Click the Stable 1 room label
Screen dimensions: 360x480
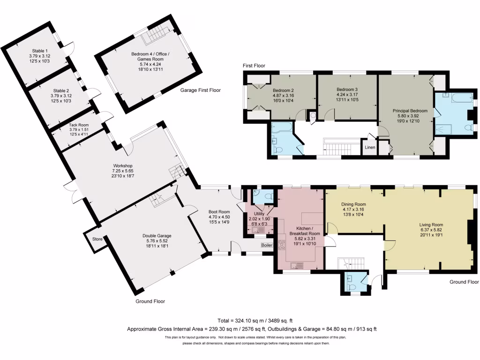point(39,56)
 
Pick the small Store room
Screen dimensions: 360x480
point(97,239)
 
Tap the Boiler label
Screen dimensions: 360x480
point(267,245)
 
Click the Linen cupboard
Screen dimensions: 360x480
point(370,147)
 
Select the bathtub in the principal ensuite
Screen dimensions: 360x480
point(452,97)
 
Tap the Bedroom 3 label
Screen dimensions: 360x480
point(347,94)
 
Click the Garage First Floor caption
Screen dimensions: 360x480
point(201,90)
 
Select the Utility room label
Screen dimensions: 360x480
point(259,219)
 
